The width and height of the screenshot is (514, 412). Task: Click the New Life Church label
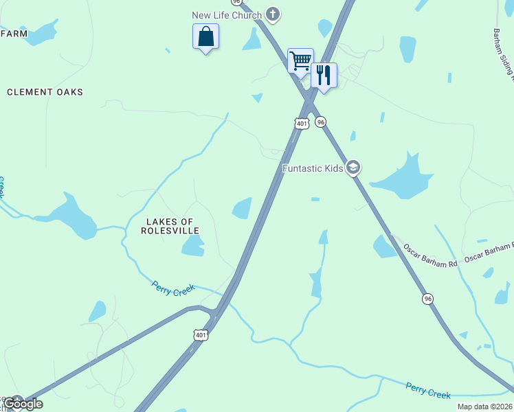point(227,15)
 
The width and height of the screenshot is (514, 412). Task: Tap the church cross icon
point(273,14)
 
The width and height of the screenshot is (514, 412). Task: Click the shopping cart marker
point(300,60)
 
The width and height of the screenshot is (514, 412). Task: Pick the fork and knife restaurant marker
point(324,75)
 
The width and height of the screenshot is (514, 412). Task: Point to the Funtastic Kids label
point(313,168)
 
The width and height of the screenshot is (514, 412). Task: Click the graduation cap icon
point(353,168)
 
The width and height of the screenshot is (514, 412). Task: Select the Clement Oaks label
point(45,92)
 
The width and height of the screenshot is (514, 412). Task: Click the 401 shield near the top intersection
point(301,123)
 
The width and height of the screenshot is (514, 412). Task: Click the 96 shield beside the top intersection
point(321,122)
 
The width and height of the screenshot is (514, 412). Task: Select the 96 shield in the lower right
point(427,299)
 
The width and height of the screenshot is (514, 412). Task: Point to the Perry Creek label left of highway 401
point(174,290)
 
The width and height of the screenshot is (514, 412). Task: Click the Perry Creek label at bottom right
point(427,391)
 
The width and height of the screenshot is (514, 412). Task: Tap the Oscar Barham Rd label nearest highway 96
point(430,249)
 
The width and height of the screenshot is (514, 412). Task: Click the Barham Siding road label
point(504,51)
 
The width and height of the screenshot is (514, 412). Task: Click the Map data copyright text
point(484,407)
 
